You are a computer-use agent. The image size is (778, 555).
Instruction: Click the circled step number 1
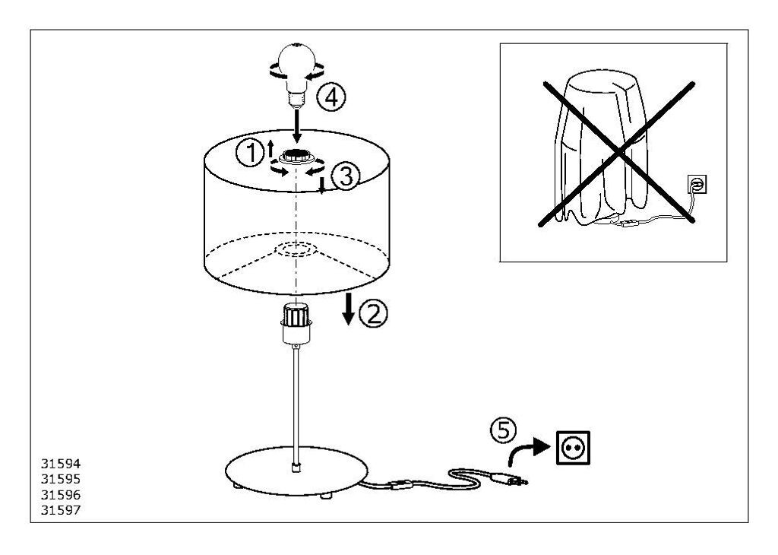point(249,152)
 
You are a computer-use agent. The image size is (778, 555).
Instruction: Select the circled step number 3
point(345,176)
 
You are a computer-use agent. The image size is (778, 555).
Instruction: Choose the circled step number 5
point(504,430)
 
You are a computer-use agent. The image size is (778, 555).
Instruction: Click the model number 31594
point(61,464)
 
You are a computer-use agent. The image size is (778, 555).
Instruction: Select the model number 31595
point(61,479)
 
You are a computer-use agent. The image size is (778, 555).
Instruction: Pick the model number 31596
point(61,495)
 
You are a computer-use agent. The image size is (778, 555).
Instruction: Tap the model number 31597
point(61,510)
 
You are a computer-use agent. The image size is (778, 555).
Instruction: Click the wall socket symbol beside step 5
point(574,448)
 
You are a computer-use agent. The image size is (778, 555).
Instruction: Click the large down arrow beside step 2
point(349,309)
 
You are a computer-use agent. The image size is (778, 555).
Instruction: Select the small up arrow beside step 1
point(271,148)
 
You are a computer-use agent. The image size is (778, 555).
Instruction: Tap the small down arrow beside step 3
point(321,186)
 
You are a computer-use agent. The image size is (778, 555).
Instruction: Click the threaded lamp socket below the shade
point(296,324)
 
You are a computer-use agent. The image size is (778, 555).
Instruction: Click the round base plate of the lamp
point(297,471)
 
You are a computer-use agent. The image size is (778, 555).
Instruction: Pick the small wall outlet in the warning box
point(697,185)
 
